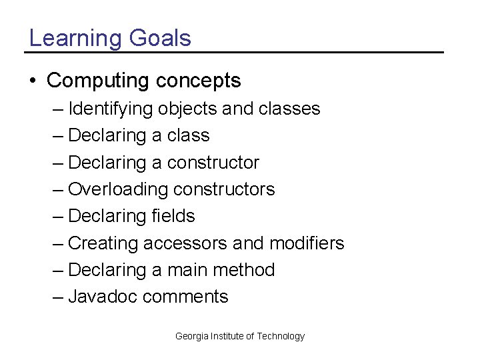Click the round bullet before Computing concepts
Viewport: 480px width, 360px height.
click(33, 81)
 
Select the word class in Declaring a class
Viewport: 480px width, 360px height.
click(189, 135)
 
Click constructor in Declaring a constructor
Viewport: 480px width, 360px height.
click(213, 163)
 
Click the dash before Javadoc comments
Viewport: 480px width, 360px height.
click(58, 297)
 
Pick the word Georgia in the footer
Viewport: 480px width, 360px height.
click(191, 336)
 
